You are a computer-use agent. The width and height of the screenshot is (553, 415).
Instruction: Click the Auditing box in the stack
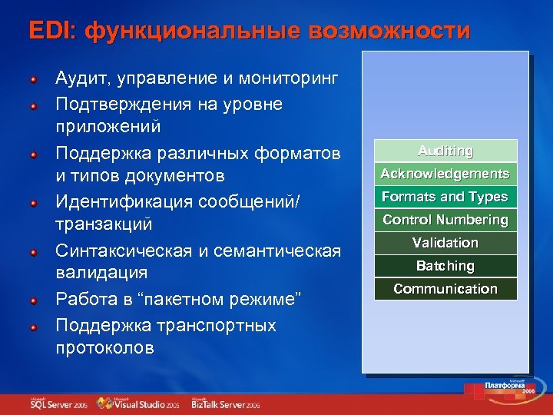[445, 151]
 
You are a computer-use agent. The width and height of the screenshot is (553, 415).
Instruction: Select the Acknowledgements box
[445, 174]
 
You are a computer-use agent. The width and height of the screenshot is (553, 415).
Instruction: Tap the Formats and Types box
[445, 197]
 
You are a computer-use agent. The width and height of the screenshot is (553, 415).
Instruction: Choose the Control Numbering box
[445, 220]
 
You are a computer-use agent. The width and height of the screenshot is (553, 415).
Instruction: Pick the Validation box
[445, 243]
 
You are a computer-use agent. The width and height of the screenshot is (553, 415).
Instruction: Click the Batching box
[445, 266]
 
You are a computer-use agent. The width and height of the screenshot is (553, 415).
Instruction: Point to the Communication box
[445, 289]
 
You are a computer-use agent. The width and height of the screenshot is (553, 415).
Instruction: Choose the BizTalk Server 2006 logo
[226, 403]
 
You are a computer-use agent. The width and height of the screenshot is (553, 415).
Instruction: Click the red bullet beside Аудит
[34, 79]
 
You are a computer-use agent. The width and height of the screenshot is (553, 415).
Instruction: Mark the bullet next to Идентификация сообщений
[34, 204]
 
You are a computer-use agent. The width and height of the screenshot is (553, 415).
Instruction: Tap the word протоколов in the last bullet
[104, 347]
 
